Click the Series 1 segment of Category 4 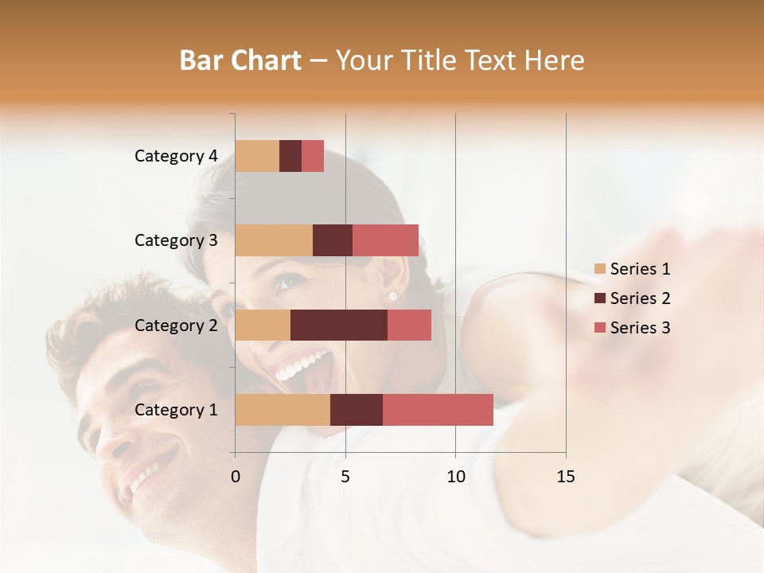coord(257,156)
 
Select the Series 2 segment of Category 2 coord(339,325)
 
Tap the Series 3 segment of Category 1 coord(438,409)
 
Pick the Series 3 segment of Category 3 coord(385,240)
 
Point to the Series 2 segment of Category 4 coord(290,156)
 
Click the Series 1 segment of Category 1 coord(283,409)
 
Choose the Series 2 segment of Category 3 coord(333,240)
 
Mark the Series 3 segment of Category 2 coord(409,325)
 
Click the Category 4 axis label coord(176,156)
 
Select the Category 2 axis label coord(176,325)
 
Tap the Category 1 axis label coord(176,410)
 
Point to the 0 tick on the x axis coord(236,477)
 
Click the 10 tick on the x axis coord(455,477)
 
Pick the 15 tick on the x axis coord(565,477)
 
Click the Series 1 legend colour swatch coord(599,269)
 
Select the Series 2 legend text coord(640,298)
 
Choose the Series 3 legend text coord(640,328)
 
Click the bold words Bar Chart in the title coord(240,60)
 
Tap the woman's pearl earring coord(392,297)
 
